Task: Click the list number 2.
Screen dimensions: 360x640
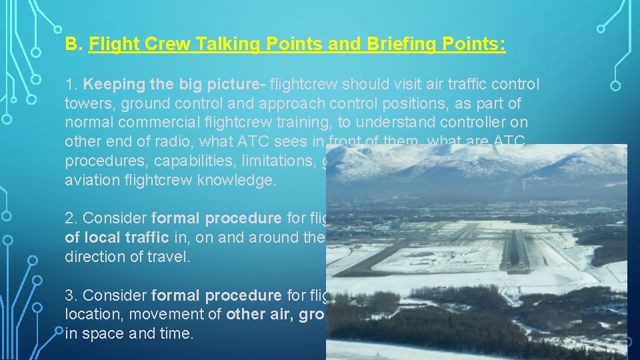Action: point(70,219)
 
